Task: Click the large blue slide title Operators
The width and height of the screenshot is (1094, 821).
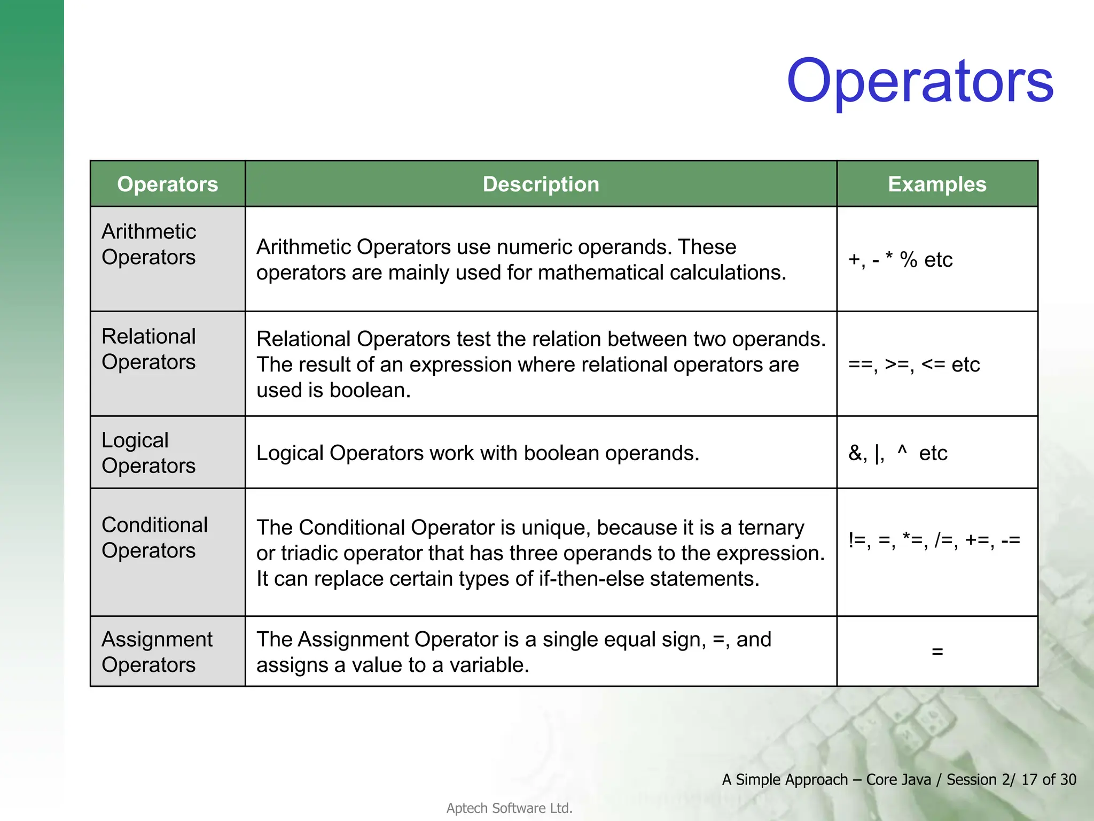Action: click(x=919, y=81)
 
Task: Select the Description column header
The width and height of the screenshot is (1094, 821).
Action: click(x=541, y=184)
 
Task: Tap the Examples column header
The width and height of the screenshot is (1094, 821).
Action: click(x=936, y=184)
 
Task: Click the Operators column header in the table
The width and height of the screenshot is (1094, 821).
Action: click(x=167, y=184)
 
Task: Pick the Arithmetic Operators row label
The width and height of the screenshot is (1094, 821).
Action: click(x=149, y=244)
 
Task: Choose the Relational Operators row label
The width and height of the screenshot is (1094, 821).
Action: click(x=149, y=349)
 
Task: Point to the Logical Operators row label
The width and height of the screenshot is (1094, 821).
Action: click(x=149, y=453)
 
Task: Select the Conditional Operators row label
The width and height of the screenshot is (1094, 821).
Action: click(x=154, y=538)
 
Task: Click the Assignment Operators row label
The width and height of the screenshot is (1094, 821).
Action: click(x=157, y=652)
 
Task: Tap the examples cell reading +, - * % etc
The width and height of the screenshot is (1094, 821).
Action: click(x=900, y=260)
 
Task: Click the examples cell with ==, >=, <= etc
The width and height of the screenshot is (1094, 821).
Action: click(x=913, y=365)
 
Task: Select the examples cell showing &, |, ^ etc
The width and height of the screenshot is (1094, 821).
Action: click(x=897, y=453)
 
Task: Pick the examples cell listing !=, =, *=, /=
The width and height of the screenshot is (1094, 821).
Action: click(x=934, y=540)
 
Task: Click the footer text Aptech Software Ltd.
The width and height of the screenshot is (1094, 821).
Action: click(x=509, y=808)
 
